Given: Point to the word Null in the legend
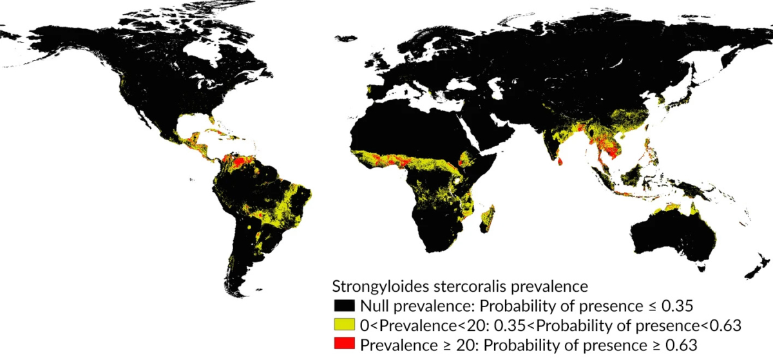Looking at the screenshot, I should pyautogui.click(x=372, y=305).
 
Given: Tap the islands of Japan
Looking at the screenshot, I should pyautogui.click(x=676, y=97).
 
